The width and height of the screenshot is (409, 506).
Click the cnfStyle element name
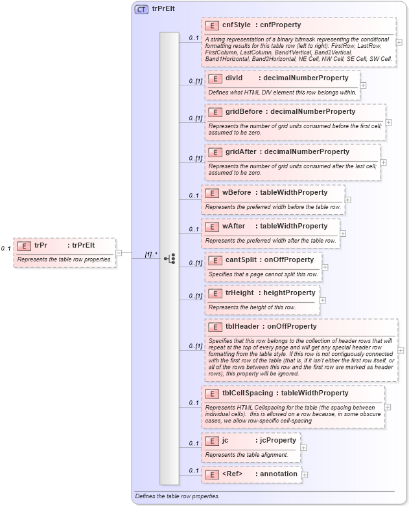pyautogui.click(x=237, y=25)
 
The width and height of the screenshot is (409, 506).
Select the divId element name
pyautogui.click(x=233, y=78)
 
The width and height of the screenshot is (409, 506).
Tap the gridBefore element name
pyautogui.click(x=244, y=111)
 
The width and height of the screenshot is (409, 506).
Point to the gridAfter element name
pyautogui.click(x=241, y=151)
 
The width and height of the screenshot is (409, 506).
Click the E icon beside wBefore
pyautogui.click(x=212, y=192)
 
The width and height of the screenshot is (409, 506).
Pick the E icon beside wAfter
pyautogui.click(x=212, y=226)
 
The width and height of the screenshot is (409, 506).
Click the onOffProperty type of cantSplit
pyautogui.click(x=289, y=259)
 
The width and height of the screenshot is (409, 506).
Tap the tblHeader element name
pyautogui.click(x=243, y=326)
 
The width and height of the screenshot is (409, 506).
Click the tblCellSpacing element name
pyautogui.click(x=248, y=393)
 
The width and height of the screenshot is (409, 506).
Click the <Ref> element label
pyautogui.click(x=232, y=474)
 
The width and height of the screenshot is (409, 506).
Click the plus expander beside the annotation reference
pyautogui.click(x=305, y=475)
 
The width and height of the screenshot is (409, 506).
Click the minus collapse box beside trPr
pyautogui.click(x=119, y=253)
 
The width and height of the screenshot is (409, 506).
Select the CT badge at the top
pyautogui.click(x=141, y=10)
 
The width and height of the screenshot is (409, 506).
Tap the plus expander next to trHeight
pyautogui.click(x=323, y=300)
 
